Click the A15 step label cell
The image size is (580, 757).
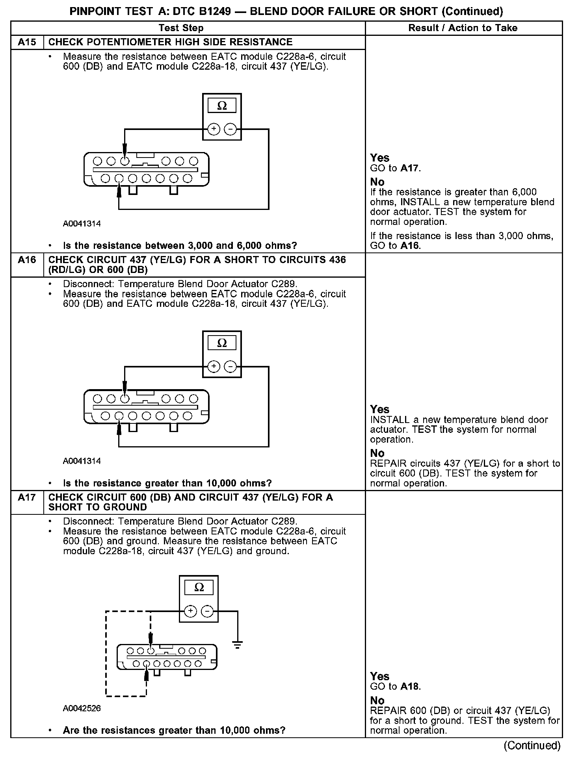click(27, 42)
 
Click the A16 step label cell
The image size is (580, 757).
click(27, 260)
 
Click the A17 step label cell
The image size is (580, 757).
click(27, 497)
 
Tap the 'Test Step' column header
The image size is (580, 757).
click(181, 28)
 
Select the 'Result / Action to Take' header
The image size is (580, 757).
click(463, 28)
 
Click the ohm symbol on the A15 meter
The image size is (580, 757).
click(222, 106)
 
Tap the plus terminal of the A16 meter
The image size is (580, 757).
click(214, 367)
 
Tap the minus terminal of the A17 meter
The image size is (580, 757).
click(207, 611)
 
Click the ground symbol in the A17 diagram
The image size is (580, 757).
click(237, 645)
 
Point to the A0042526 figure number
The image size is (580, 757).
click(82, 708)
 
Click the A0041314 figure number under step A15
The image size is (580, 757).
click(82, 224)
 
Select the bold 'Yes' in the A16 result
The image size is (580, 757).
click(379, 409)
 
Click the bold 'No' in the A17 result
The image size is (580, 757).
click(377, 700)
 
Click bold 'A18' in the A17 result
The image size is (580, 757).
click(410, 686)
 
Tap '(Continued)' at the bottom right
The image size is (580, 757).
click(532, 745)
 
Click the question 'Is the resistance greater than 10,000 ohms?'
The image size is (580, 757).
click(167, 483)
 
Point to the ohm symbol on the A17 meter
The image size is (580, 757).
click(199, 588)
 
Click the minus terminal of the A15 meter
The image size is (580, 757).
click(231, 129)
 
